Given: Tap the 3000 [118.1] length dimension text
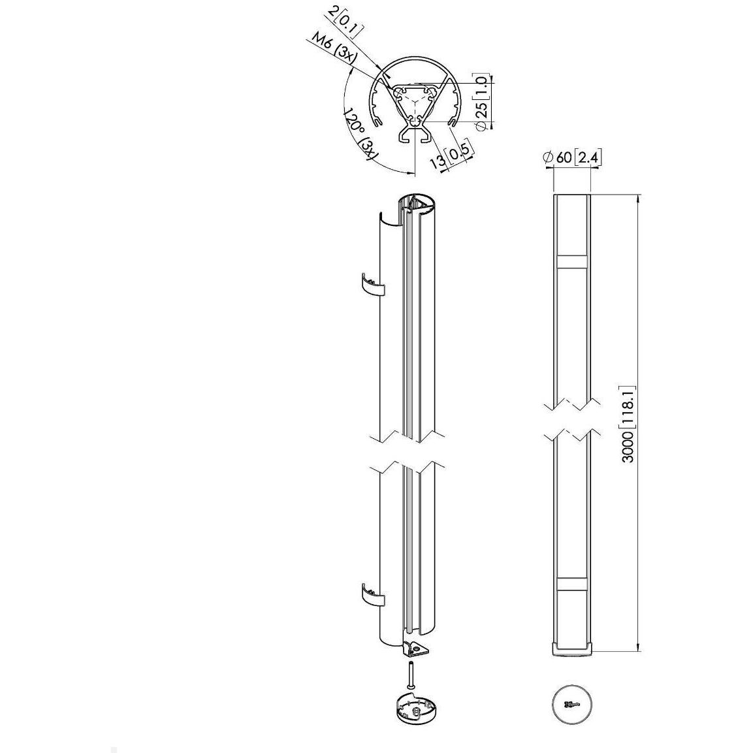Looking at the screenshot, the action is (x=629, y=424).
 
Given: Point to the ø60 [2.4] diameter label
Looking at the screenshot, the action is (x=571, y=157).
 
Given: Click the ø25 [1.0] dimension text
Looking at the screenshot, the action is (x=483, y=103).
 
